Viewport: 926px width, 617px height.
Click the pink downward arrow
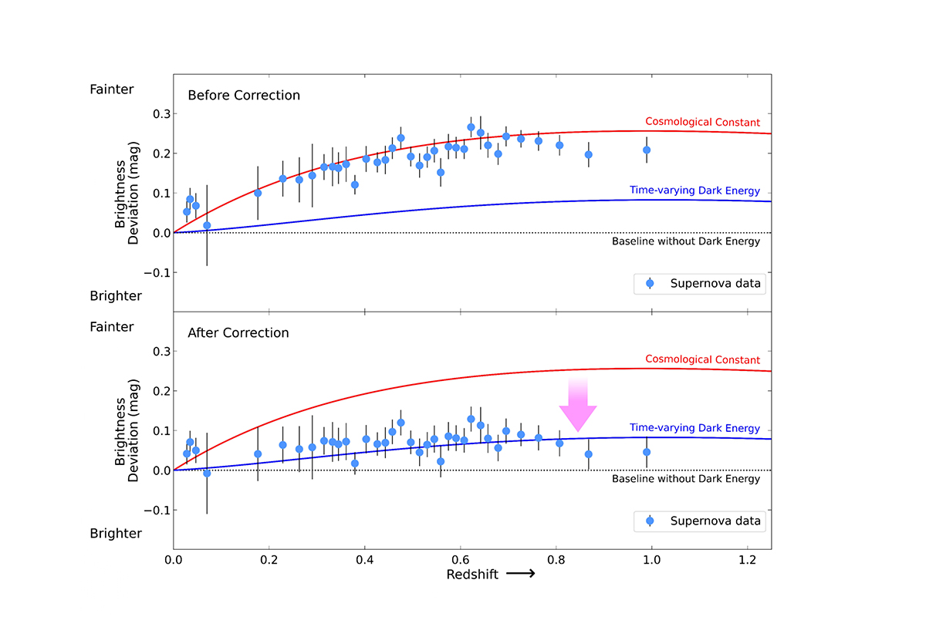pyautogui.click(x=578, y=405)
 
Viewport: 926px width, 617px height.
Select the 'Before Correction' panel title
pyautogui.click(x=244, y=96)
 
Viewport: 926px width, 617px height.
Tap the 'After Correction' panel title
pyautogui.click(x=238, y=333)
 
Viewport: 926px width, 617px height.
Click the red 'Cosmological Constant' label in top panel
pyautogui.click(x=702, y=123)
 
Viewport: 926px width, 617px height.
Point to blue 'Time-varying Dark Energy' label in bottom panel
pyautogui.click(x=694, y=428)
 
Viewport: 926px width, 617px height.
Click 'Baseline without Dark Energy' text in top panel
pyautogui.click(x=686, y=241)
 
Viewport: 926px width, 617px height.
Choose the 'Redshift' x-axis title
pyautogui.click(x=471, y=575)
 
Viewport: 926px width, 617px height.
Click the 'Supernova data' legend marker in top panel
pyautogui.click(x=650, y=284)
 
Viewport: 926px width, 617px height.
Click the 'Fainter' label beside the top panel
pyautogui.click(x=112, y=89)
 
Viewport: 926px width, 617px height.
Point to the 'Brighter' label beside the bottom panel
pyautogui.click(x=116, y=534)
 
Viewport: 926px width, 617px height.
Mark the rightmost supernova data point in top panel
pyautogui.click(x=647, y=150)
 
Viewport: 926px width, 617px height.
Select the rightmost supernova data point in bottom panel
pyautogui.click(x=647, y=452)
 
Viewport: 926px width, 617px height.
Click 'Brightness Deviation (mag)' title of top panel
pyautogui.click(x=128, y=193)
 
